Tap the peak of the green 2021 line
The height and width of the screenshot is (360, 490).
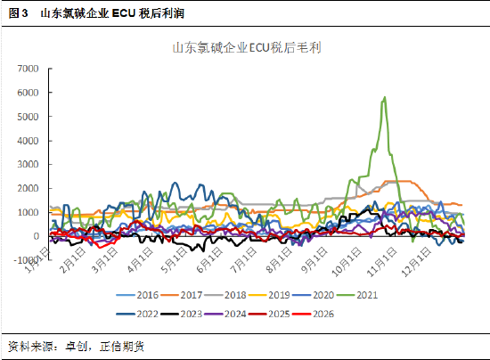pyautogui.click(x=384, y=97)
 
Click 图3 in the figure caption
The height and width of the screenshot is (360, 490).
pyautogui.click(x=19, y=13)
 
